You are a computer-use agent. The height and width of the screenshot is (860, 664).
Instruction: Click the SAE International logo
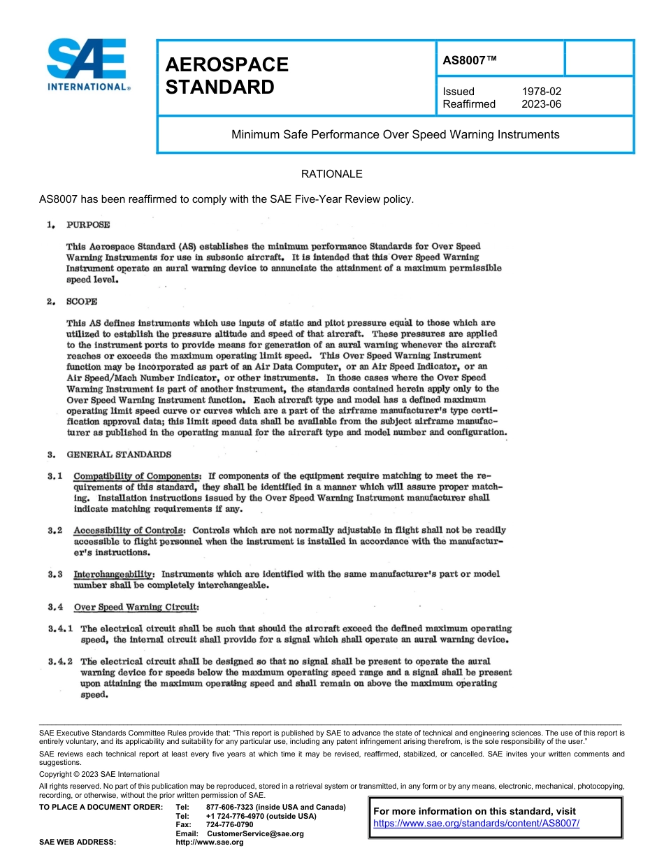pyautogui.click(x=87, y=66)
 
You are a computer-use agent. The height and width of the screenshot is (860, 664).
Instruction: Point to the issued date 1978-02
pyautogui.click(x=541, y=92)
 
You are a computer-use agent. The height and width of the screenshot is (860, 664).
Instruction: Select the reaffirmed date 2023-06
pyautogui.click(x=541, y=104)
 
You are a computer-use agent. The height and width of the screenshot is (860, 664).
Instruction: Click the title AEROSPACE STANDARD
pyautogui.click(x=226, y=76)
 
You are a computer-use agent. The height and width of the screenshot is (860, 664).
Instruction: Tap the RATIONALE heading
pyautogui.click(x=331, y=173)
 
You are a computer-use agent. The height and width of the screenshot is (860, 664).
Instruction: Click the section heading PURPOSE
pyautogui.click(x=88, y=225)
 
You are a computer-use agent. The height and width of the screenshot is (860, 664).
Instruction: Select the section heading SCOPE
pyautogui.click(x=82, y=301)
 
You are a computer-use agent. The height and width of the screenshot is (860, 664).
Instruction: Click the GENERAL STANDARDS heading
pyautogui.click(x=119, y=454)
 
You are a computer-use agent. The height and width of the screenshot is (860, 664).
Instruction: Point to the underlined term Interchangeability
pyautogui.click(x=113, y=574)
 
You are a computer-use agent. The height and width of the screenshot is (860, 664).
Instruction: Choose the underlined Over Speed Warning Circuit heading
pyautogui.click(x=136, y=607)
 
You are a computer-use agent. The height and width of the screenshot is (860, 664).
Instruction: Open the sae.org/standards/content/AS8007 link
pyautogui.click(x=477, y=823)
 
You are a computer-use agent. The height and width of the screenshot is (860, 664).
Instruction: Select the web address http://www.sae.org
pyautogui.click(x=209, y=843)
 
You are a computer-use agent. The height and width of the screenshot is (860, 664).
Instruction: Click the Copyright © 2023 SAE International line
pyautogui.click(x=99, y=774)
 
